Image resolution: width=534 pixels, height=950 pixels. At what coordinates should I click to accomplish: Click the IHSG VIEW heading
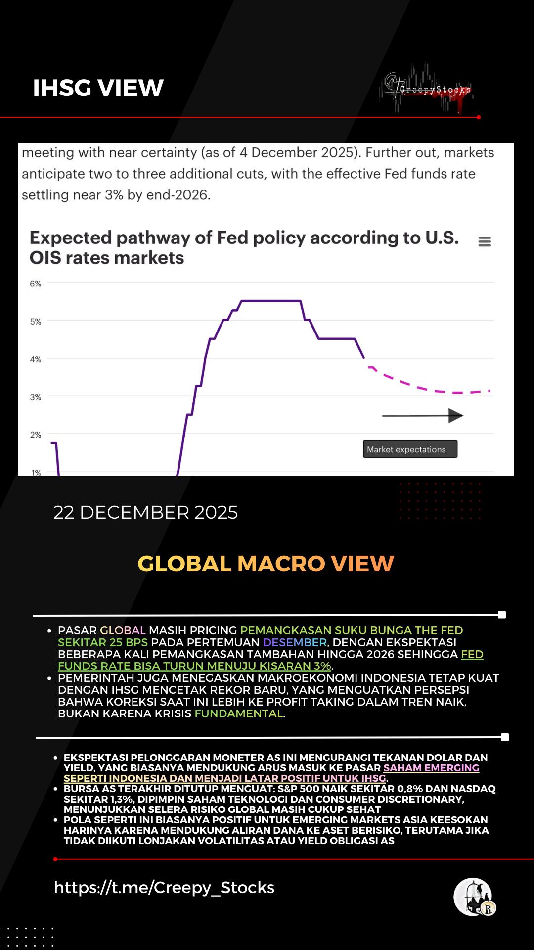[98, 88]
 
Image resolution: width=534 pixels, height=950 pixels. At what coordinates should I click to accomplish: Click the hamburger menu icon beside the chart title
[485, 241]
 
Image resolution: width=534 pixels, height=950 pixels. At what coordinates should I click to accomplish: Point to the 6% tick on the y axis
[36, 284]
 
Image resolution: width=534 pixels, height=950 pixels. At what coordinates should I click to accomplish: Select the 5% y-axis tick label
[36, 322]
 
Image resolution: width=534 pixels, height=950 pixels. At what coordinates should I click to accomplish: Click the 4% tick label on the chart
[36, 359]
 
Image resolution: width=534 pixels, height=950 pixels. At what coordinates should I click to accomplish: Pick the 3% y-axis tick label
[36, 397]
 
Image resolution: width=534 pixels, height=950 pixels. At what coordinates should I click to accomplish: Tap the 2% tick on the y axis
[36, 435]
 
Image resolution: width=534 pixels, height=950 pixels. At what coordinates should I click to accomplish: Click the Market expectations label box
[410, 449]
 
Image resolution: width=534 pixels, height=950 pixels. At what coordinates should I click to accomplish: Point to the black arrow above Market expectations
[423, 416]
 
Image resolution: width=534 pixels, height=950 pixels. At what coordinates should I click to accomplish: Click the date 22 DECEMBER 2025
[145, 512]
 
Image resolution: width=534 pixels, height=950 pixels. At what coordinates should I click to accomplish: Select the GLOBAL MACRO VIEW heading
[266, 564]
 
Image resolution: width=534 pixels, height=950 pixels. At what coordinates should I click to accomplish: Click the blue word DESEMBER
[295, 642]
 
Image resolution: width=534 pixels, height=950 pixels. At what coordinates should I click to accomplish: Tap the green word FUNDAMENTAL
[239, 713]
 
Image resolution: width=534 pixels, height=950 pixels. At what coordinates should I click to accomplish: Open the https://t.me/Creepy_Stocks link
[164, 887]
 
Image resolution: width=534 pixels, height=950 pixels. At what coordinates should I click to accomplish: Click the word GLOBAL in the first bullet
[123, 630]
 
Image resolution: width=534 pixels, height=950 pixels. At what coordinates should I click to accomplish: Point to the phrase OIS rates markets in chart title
[107, 258]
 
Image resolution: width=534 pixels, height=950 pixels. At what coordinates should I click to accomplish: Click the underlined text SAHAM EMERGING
[431, 768]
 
